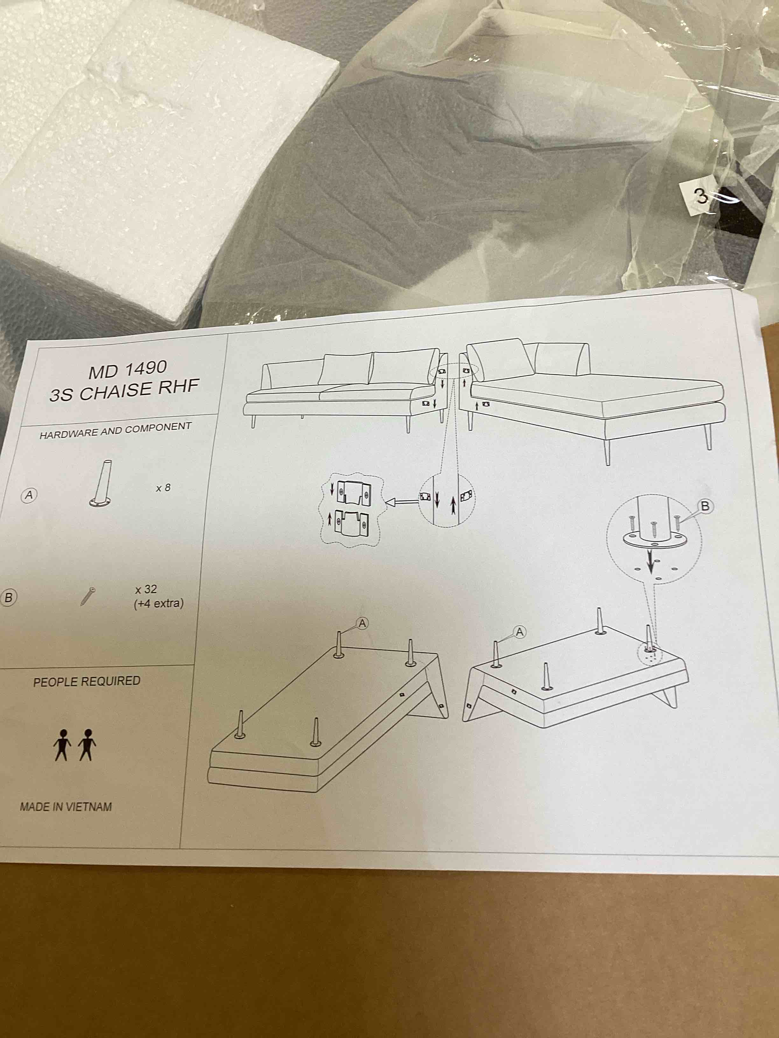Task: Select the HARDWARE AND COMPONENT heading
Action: tap(116, 430)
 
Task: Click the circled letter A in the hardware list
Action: tap(29, 495)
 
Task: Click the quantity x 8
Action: tap(163, 488)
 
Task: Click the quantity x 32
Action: tap(145, 589)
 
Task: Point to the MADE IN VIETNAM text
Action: tap(66, 807)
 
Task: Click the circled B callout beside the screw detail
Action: tap(705, 506)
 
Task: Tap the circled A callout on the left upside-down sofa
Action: tap(362, 623)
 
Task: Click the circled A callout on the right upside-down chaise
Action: tap(519, 633)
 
